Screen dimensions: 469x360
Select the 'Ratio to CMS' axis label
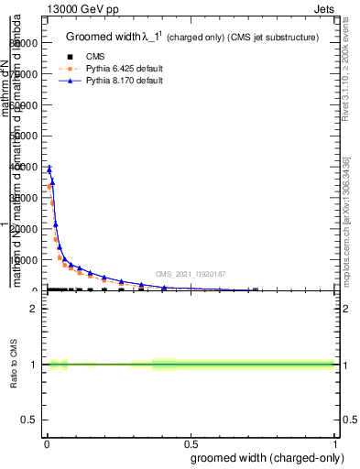click(x=16, y=365)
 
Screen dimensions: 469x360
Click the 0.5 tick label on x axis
click(x=191, y=444)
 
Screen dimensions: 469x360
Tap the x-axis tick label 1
click(x=335, y=444)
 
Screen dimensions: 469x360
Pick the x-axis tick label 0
click(x=46, y=444)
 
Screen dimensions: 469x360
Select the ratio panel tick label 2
click(x=33, y=309)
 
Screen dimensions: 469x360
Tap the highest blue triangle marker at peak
click(x=49, y=168)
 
